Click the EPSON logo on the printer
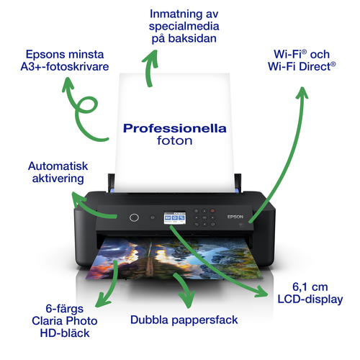point(235,217)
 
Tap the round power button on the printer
point(134,217)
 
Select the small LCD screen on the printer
point(175,217)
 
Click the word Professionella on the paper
point(175,128)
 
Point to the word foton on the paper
point(175,140)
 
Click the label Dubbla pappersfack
point(184,320)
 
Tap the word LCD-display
point(310,300)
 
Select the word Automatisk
point(58,166)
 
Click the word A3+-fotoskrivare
point(65,67)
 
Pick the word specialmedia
point(184,27)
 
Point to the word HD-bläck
point(65,333)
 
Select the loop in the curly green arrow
point(88,105)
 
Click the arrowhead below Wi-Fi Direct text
point(302,93)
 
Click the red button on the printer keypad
point(212,211)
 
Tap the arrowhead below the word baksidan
point(150,58)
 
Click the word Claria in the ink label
point(47,321)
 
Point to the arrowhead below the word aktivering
point(78,199)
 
